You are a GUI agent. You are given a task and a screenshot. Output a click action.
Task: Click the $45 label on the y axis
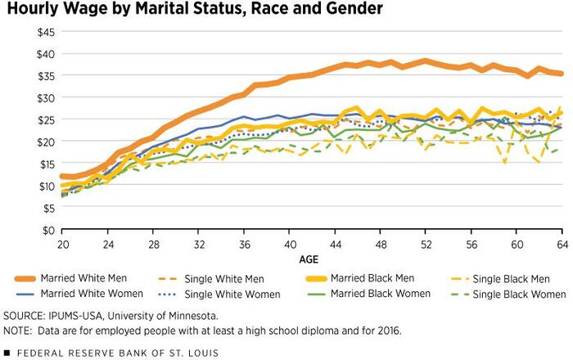(x=43, y=32)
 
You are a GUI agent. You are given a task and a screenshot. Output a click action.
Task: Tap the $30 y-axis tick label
(x=43, y=97)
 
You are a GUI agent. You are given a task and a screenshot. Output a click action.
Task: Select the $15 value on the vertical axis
(x=43, y=164)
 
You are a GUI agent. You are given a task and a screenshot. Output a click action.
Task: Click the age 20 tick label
(x=63, y=244)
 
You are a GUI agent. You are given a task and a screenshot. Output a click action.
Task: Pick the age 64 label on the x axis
(x=562, y=244)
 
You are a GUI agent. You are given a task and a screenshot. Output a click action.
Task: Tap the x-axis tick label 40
(x=290, y=244)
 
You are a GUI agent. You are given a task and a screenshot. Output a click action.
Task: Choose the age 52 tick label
(x=426, y=244)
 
